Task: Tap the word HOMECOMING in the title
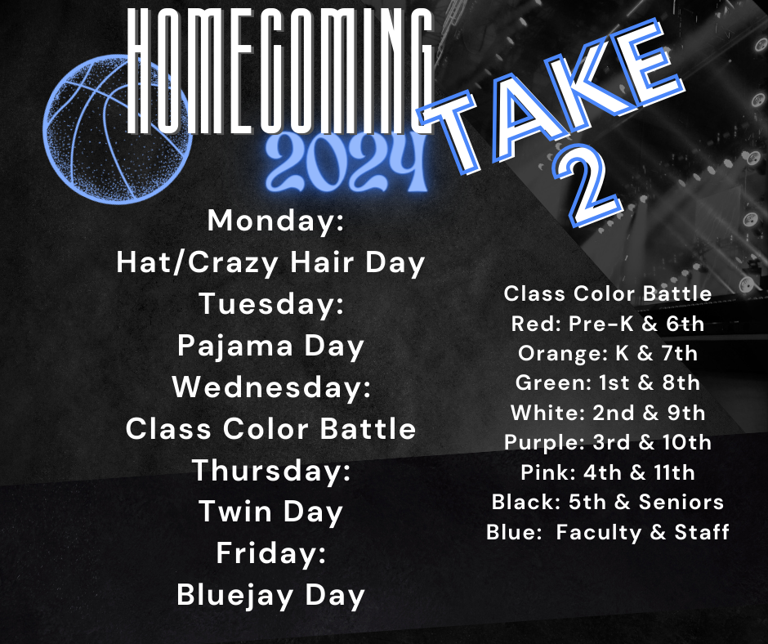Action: pos(280,69)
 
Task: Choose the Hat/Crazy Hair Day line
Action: pos(270,262)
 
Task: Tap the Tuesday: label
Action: pos(270,304)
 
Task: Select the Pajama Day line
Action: pos(270,346)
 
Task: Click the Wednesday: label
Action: pos(270,387)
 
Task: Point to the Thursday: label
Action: pos(270,471)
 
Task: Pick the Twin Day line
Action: pos(270,512)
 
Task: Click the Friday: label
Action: pos(270,554)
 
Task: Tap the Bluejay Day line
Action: pos(270,596)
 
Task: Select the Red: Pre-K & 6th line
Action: pos(607,324)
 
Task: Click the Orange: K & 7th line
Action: pos(607,353)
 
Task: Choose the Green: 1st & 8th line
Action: pos(607,382)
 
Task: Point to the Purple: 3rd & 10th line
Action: pos(607,442)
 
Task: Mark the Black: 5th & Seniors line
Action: pos(607,502)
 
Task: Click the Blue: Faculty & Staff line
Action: pos(607,532)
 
